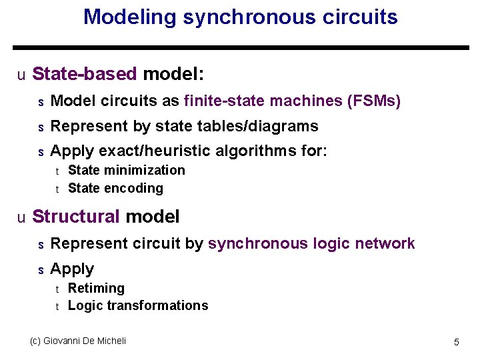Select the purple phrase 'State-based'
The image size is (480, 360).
pyautogui.click(x=85, y=73)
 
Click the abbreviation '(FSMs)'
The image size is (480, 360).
pyautogui.click(x=374, y=101)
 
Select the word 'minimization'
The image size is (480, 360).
pyautogui.click(x=145, y=171)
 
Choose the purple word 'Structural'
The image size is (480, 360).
pyautogui.click(x=76, y=217)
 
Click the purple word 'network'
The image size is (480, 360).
pyautogui.click(x=383, y=244)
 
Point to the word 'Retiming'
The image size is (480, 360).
pyautogui.click(x=96, y=288)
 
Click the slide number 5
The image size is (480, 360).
pyautogui.click(x=457, y=342)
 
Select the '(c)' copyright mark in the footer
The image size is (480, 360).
pyautogui.click(x=36, y=341)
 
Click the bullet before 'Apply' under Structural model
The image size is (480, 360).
pyautogui.click(x=40, y=270)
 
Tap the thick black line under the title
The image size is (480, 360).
pyautogui.click(x=241, y=48)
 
